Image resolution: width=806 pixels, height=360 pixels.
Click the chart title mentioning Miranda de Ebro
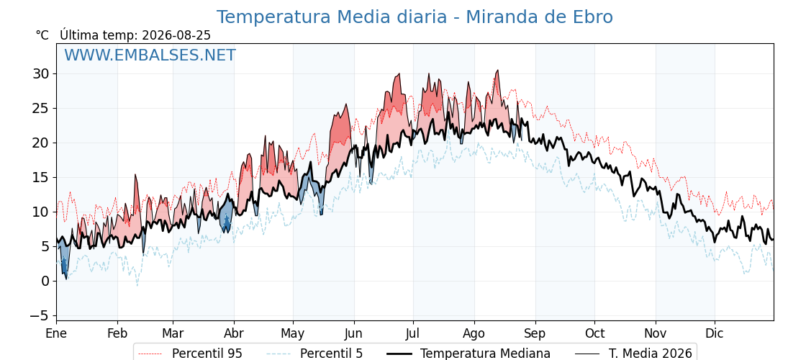[x=415, y=17]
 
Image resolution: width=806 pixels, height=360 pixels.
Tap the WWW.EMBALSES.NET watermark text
[x=150, y=55]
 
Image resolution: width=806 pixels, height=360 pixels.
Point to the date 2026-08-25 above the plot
[x=176, y=35]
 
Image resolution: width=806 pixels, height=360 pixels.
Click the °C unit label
[x=42, y=35]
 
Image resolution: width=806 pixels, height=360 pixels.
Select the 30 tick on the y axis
[x=42, y=73]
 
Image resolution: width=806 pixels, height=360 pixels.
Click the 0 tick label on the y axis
[x=46, y=281]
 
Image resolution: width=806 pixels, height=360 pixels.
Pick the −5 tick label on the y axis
[x=39, y=315]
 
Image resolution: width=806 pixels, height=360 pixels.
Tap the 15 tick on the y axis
[x=42, y=177]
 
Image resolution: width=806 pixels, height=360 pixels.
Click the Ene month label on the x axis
[x=57, y=333]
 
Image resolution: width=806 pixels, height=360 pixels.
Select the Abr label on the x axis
[x=235, y=333]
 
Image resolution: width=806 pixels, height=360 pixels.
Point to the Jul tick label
[x=413, y=333]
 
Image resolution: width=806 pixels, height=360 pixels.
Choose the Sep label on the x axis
[x=535, y=333]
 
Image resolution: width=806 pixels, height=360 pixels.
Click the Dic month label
[x=715, y=333]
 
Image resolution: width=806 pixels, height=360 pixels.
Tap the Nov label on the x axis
[x=656, y=333]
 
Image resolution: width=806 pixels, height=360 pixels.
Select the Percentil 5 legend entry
[x=314, y=354]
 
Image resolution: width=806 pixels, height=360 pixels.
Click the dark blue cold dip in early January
[x=64, y=264]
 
